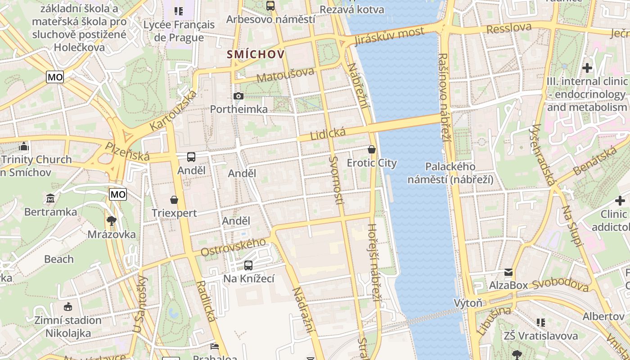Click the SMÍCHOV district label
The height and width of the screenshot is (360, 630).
coord(256,54)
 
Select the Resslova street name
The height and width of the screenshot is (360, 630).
coord(509,28)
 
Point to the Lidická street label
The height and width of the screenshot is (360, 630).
coord(328,134)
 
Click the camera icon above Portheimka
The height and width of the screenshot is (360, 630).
coord(238,96)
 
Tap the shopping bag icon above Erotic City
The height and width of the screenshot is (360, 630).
coord(372,149)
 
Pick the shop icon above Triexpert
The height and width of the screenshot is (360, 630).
coord(174,200)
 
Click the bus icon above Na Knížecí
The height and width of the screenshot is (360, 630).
coord(248,265)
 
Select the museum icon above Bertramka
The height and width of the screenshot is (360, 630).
coord(50,198)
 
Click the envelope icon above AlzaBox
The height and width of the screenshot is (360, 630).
coord(508,272)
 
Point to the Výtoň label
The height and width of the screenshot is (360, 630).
coord(468,303)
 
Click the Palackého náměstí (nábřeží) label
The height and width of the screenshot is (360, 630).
coord(450,173)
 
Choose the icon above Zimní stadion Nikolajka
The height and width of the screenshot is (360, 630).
coord(68,307)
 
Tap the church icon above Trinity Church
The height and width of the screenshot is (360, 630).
coord(24,146)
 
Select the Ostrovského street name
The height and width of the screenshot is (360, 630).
coord(233,247)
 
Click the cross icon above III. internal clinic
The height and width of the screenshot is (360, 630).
coord(587,68)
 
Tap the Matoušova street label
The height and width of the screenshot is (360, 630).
coord(285,75)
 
